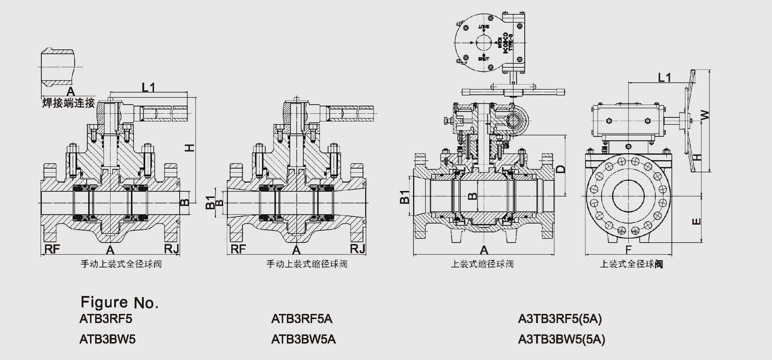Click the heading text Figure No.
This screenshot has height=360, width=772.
point(119,303)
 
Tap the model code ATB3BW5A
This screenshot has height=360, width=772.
point(303,339)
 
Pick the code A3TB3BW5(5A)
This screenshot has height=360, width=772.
point(562,339)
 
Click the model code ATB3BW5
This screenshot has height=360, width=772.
point(107,339)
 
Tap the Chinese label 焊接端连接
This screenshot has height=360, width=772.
point(68,103)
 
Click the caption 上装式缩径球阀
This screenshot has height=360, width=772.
point(482,264)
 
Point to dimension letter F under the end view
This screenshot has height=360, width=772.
point(628,249)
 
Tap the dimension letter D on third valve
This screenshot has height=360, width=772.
point(560,169)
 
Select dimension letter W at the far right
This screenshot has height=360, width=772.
point(705,114)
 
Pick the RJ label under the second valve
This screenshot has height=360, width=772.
point(357,249)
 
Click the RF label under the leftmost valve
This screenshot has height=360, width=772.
point(52,249)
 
